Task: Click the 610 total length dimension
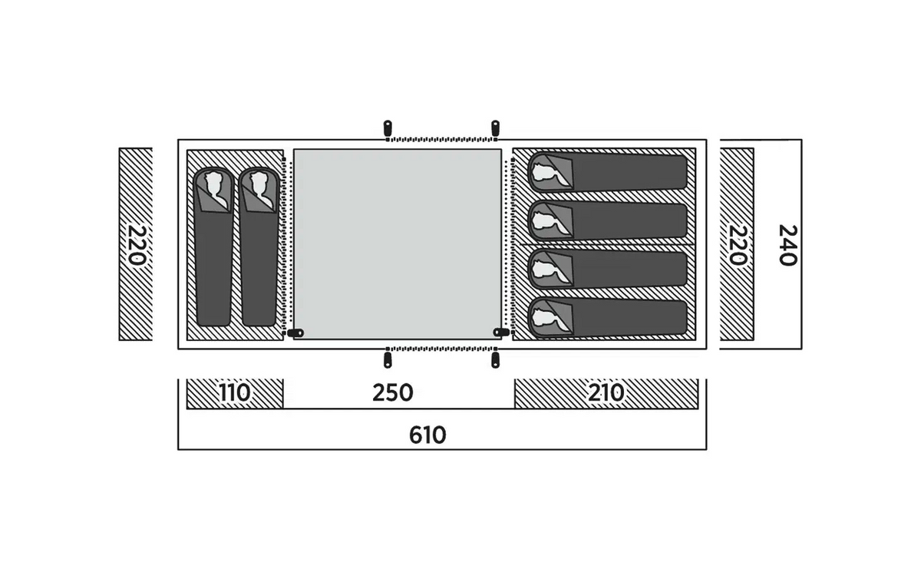pos(427,435)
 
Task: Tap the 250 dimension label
pos(393,393)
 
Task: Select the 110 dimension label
pos(234,393)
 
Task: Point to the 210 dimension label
pos(606,393)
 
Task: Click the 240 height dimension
pos(788,246)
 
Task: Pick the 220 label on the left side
pos(136,245)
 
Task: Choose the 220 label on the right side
pos(738,245)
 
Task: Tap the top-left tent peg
pos(388,128)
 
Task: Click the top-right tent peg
pos(496,128)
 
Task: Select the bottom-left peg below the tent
pos(388,360)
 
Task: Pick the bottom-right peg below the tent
pos(496,360)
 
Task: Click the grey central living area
pos(398,244)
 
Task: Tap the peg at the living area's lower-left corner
pos(295,333)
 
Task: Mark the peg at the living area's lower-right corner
pos(501,332)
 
